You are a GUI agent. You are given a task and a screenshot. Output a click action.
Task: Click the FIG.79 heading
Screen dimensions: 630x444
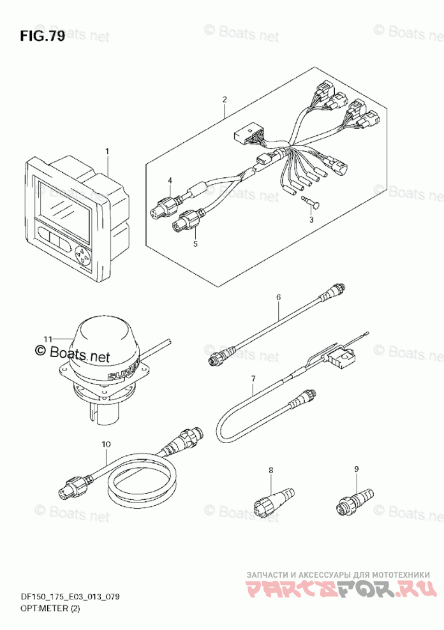point(42,36)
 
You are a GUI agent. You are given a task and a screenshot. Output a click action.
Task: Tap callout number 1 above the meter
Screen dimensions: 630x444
point(107,151)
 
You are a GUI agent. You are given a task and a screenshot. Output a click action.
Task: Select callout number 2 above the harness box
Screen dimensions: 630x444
point(225,99)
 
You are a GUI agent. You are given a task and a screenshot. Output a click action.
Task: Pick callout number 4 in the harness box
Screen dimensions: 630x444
point(170,182)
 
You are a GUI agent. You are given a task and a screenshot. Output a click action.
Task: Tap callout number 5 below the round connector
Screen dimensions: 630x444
point(196,243)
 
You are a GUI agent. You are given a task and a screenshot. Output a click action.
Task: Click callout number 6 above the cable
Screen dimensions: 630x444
point(278,297)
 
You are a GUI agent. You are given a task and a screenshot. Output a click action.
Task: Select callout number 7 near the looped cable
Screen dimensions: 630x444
point(253,379)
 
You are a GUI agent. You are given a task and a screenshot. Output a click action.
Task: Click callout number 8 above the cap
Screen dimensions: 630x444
point(270,470)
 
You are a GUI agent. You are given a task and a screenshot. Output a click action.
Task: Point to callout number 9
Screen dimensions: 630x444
point(357,470)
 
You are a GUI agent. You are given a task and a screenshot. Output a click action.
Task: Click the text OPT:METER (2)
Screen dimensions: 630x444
point(48,608)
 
